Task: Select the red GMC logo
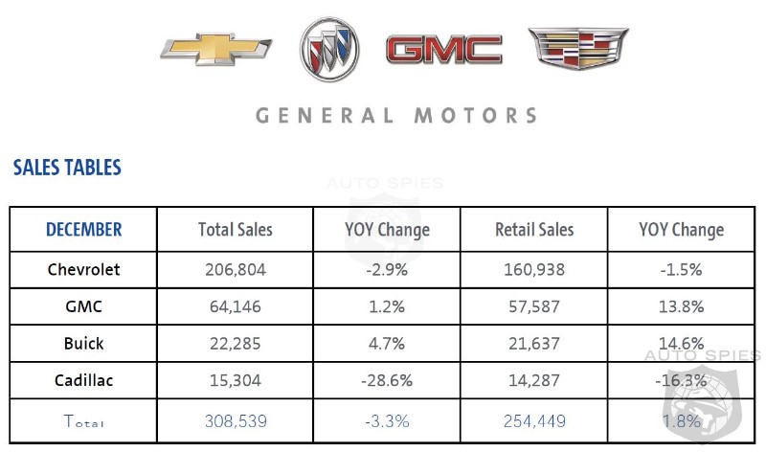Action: pos(443,50)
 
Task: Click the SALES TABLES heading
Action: pos(67,169)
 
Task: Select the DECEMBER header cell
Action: pos(84,230)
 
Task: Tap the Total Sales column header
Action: pos(236,230)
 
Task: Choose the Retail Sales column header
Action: pos(534,230)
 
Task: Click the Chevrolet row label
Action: pos(84,269)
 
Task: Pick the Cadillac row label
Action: pos(84,380)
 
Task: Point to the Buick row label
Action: pos(84,343)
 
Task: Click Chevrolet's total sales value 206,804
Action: pos(236,269)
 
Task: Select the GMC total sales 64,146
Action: pos(236,306)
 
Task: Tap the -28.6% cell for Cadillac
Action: pos(388,380)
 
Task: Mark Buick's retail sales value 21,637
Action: pos(534,343)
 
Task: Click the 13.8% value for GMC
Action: pos(681,306)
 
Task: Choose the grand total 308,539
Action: pos(236,420)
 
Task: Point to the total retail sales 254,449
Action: pos(534,420)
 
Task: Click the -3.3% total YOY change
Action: pos(388,420)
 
